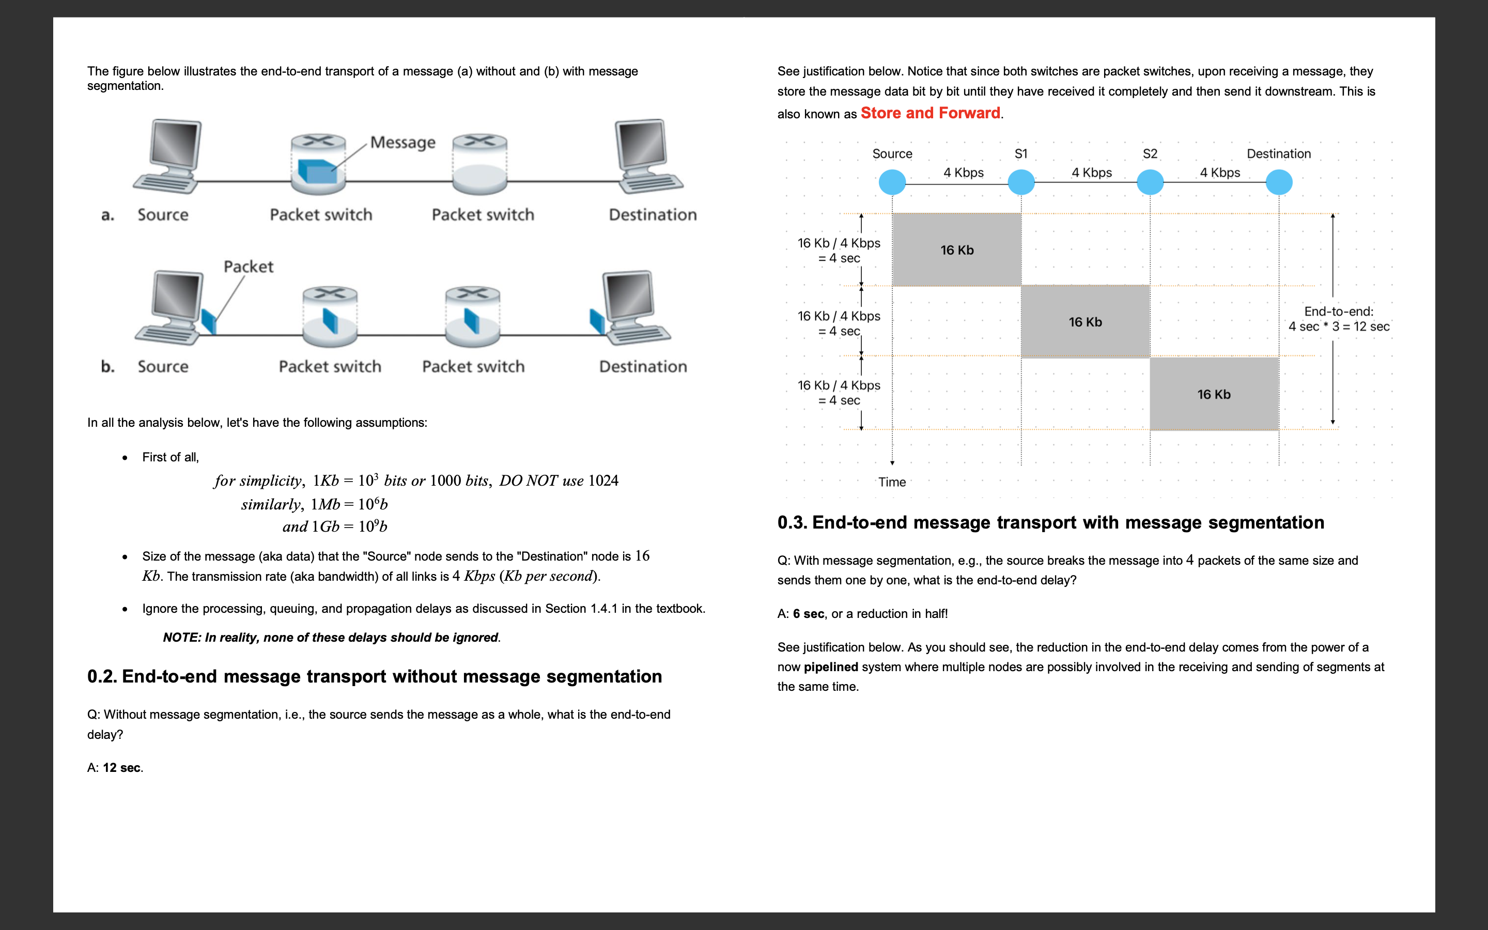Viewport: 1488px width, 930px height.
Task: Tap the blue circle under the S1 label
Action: [x=1021, y=182]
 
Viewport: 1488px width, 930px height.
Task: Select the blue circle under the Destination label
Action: [x=1279, y=182]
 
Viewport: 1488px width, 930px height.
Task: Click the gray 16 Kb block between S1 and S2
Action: [x=1084, y=322]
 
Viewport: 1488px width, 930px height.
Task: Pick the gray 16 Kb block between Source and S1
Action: [x=957, y=250]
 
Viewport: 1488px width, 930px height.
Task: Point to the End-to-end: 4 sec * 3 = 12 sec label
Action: [x=1339, y=319]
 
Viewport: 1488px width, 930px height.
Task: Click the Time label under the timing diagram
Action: [x=892, y=482]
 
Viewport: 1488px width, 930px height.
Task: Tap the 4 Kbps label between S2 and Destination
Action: [x=1220, y=173]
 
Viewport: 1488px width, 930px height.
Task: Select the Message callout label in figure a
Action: [x=403, y=143]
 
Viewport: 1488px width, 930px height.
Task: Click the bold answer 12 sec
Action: [x=122, y=768]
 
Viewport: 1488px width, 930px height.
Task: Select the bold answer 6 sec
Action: [x=808, y=614]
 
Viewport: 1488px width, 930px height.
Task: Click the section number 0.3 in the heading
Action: [x=792, y=523]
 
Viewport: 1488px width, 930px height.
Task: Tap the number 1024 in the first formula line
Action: [x=603, y=481]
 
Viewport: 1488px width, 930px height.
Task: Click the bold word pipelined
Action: [x=830, y=668]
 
